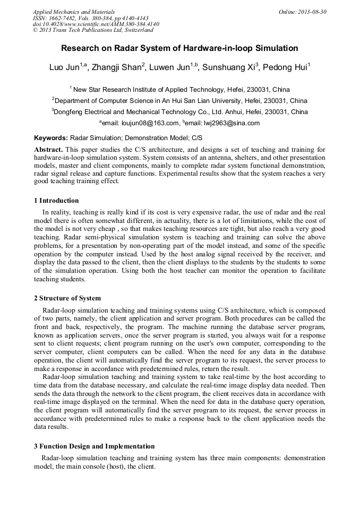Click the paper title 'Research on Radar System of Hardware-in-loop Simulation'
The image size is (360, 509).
pyautogui.click(x=179, y=48)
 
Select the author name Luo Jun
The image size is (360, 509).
pyautogui.click(x=62, y=67)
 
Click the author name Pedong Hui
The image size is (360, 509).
pyautogui.click(x=286, y=67)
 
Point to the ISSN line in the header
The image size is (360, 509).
pyautogui.click(x=91, y=18)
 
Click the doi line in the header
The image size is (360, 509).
pyautogui.click(x=96, y=24)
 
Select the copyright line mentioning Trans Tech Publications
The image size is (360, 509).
pyautogui.click(x=93, y=31)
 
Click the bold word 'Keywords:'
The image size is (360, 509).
pyautogui.click(x=51, y=137)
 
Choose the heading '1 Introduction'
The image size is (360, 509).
pyautogui.click(x=56, y=201)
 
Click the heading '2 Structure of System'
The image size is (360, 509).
pyautogui.click(x=67, y=298)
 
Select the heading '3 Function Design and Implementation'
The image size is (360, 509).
pyautogui.click(x=94, y=446)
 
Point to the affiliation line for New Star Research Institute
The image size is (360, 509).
pyautogui.click(x=179, y=90)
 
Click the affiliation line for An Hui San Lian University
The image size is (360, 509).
pyautogui.click(x=179, y=101)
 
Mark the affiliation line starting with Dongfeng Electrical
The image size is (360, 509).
pyautogui.click(x=179, y=112)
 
